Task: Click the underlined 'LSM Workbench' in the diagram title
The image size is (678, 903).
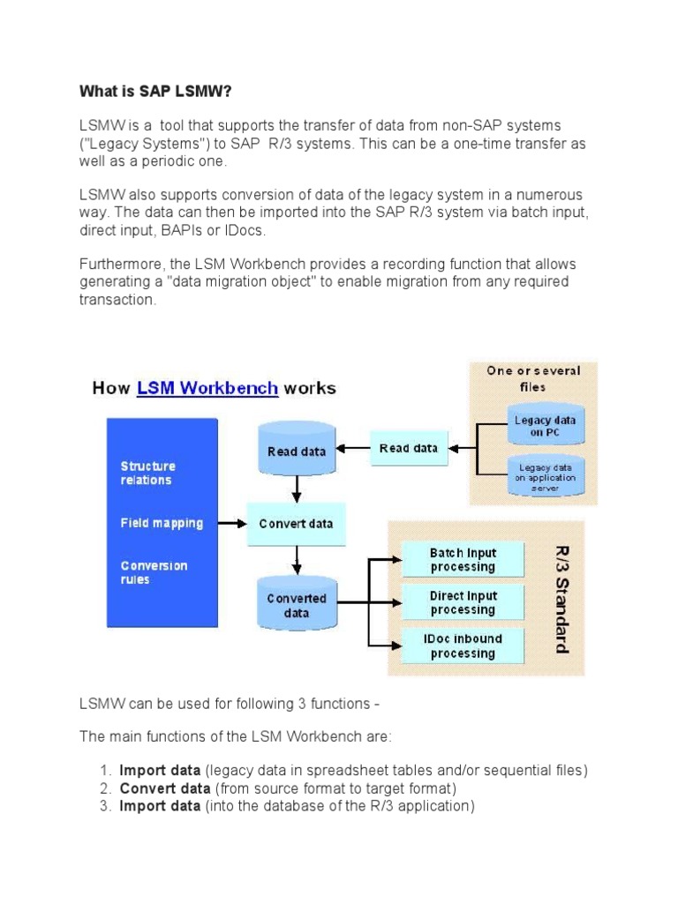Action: click(207, 388)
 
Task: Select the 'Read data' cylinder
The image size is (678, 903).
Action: click(296, 450)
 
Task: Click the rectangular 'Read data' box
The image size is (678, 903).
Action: click(408, 448)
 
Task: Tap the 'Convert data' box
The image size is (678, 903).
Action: click(296, 524)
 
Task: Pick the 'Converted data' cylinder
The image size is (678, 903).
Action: click(296, 604)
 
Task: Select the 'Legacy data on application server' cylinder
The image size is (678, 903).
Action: click(545, 477)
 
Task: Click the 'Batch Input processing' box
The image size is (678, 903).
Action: click(463, 560)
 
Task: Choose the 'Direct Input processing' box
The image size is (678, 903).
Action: click(463, 603)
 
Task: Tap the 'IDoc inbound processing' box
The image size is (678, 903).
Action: click(463, 646)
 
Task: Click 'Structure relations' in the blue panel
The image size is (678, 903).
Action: click(147, 473)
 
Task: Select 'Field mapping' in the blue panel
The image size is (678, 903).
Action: click(162, 523)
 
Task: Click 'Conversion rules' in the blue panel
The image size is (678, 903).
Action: click(154, 572)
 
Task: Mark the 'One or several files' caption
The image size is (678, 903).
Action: click(532, 378)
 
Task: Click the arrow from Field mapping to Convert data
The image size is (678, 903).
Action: click(231, 524)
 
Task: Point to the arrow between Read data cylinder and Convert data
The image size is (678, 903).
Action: click(297, 487)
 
